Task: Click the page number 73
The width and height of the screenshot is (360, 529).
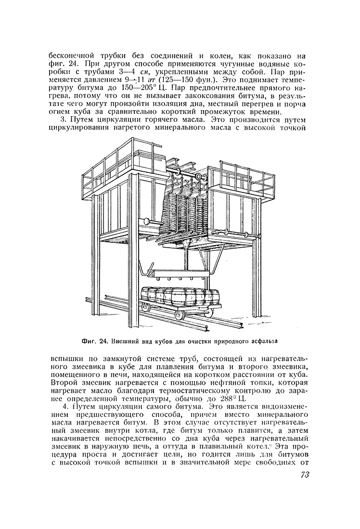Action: click(302, 475)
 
